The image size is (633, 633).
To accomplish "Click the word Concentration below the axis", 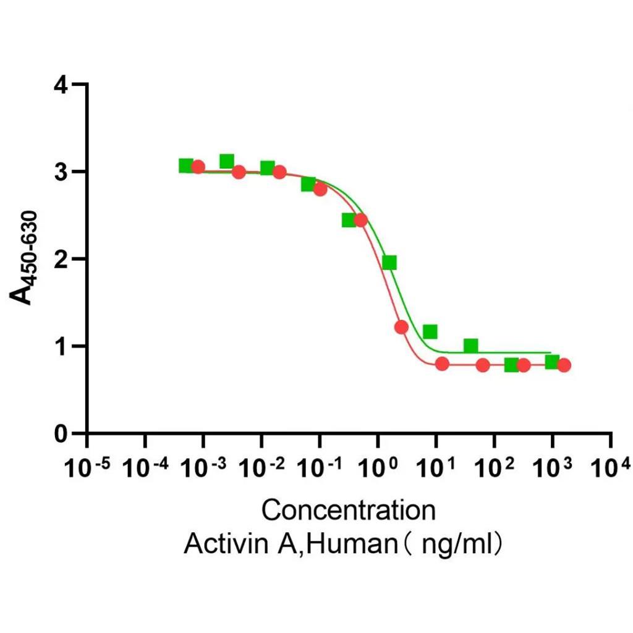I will click(348, 511).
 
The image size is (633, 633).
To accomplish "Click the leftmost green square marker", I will click(185, 166).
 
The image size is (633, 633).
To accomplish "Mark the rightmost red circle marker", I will click(564, 365).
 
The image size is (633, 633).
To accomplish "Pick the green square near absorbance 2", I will click(389, 263).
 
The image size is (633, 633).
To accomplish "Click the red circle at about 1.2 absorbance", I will click(401, 327).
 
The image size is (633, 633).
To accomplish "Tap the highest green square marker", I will click(226, 161).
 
